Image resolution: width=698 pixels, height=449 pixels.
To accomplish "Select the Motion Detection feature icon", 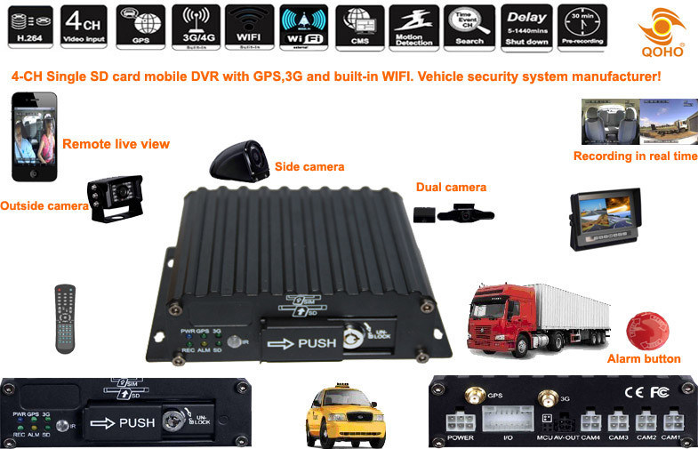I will (x=414, y=26).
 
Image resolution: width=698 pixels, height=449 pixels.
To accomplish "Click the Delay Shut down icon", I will (x=525, y=26).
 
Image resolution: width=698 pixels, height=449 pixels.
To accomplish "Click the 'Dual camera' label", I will (x=451, y=188).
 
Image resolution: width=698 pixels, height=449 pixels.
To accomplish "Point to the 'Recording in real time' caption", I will (x=635, y=156).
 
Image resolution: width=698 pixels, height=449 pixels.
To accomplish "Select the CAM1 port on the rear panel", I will (x=671, y=421).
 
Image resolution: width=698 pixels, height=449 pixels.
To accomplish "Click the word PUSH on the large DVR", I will (x=316, y=342).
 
